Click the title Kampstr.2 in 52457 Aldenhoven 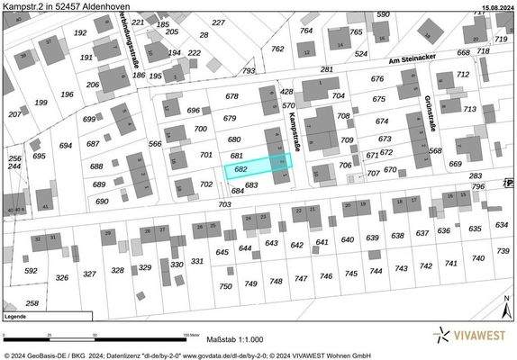[x=66, y=6]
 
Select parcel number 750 [x=225, y=286]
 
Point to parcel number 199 [x=41, y=103]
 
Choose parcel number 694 [x=65, y=145]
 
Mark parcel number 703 [x=224, y=204]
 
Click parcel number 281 [x=326, y=69]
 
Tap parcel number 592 [x=31, y=270]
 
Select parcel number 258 [x=32, y=303]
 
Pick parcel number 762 [x=277, y=49]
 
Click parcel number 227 [x=218, y=22]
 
